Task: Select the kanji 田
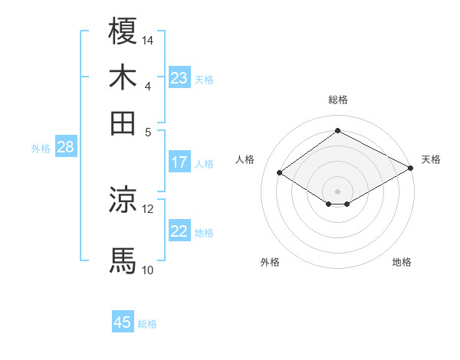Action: (123, 123)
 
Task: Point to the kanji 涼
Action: (123, 200)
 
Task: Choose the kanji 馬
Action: (123, 260)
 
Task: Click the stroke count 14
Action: (148, 40)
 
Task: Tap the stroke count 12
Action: (148, 208)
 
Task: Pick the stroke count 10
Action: (148, 270)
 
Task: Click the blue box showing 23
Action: (179, 78)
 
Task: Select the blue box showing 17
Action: (179, 162)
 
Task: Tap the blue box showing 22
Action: (179, 231)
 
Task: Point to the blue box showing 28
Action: (65, 148)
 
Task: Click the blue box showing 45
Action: (123, 322)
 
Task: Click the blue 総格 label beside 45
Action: (147, 324)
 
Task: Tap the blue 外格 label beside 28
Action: (40, 149)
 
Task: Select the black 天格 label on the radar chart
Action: (431, 160)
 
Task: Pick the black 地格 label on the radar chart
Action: (402, 262)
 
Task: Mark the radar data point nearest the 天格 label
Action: (411, 167)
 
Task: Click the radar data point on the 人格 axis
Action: (280, 173)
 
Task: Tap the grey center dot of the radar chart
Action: (337, 190)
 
